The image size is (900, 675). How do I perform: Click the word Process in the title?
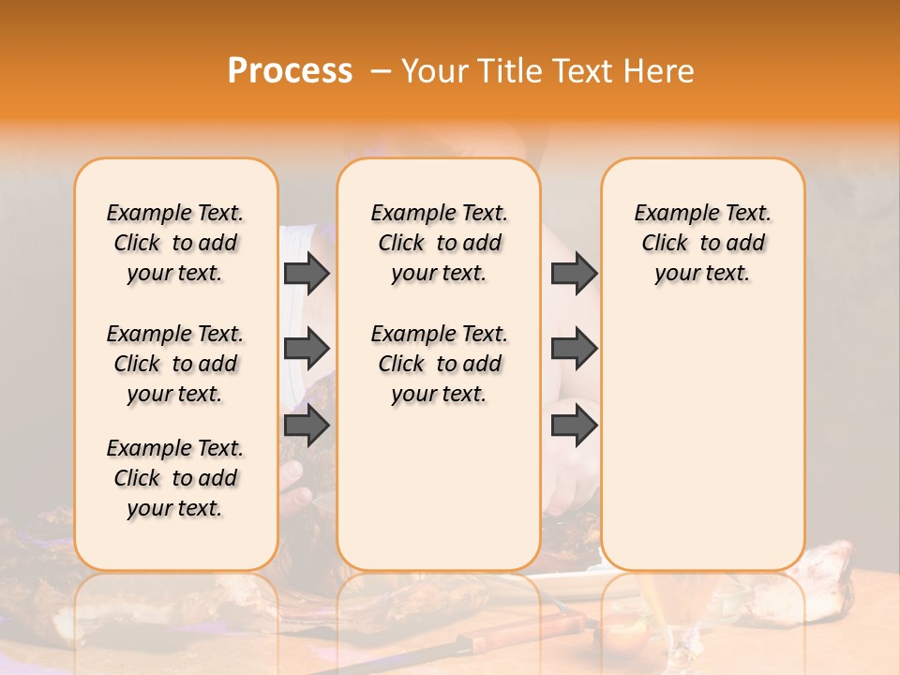click(290, 70)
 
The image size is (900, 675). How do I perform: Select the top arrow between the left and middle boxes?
click(307, 273)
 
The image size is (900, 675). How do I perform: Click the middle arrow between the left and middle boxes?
click(307, 349)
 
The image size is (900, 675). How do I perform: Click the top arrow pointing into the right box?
click(574, 273)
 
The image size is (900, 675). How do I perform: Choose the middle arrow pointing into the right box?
click(574, 349)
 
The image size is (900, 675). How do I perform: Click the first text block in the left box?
click(175, 243)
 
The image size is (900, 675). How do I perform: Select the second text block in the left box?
click(175, 364)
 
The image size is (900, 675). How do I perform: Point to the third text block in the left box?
click(175, 478)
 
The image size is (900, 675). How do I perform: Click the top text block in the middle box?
click(439, 243)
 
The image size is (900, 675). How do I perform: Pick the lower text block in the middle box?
click(439, 364)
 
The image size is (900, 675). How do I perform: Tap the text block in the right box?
click(702, 243)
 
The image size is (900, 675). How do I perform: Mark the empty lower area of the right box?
click(702, 431)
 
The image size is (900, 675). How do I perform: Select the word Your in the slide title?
click(434, 70)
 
